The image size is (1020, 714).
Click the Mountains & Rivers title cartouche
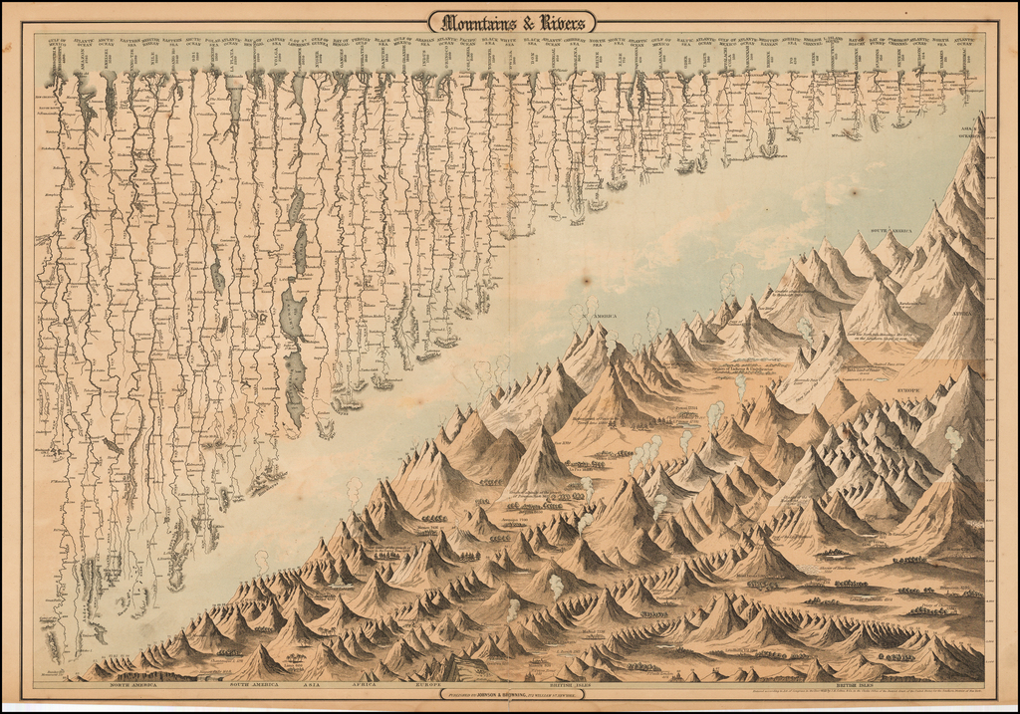point(511,21)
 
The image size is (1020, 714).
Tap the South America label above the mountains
point(892,231)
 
